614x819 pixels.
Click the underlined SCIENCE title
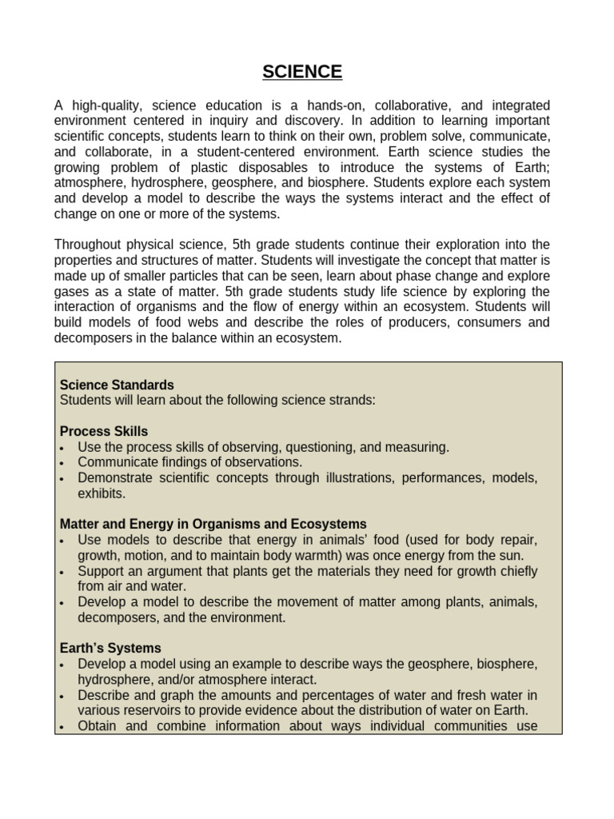pos(302,72)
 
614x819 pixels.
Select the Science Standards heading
pos(117,385)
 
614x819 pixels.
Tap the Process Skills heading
pos(104,431)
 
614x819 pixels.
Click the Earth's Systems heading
pos(110,648)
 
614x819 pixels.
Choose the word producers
pos(413,322)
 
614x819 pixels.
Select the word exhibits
pos(102,493)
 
